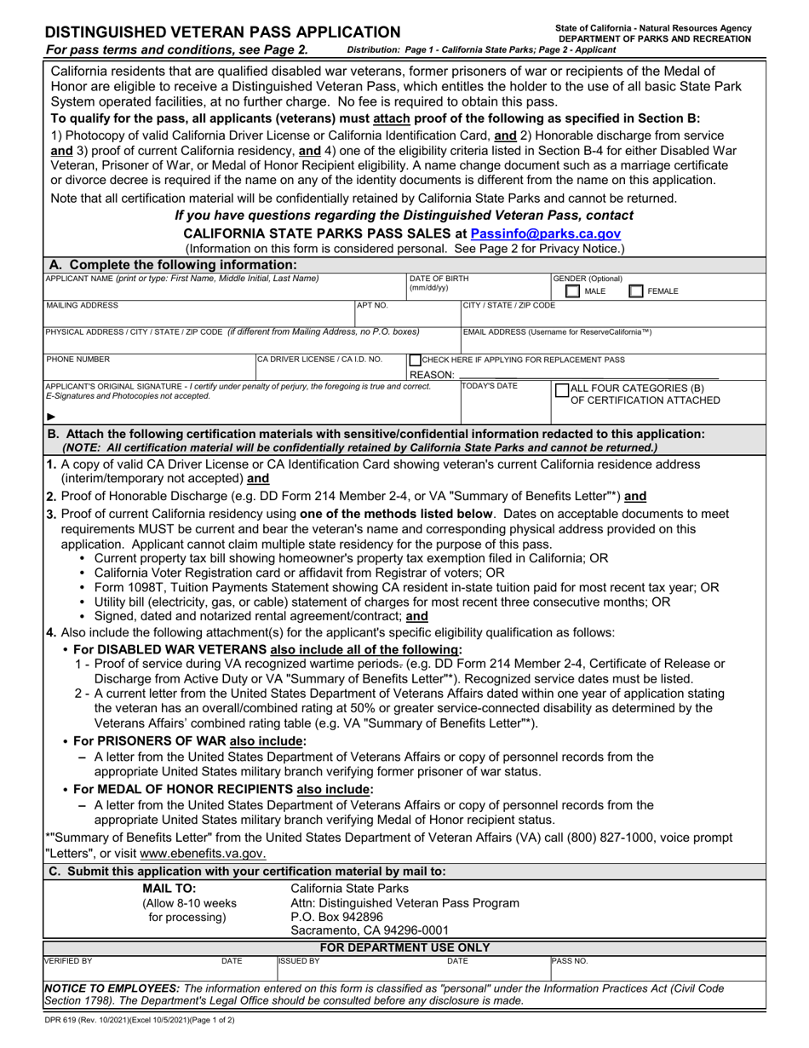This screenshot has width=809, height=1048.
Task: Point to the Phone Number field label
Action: tap(77, 360)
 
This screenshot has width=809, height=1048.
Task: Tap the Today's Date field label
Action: tap(490, 386)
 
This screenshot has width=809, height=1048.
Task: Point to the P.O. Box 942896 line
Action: tap(331, 917)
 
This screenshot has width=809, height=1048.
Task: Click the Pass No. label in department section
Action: tap(570, 961)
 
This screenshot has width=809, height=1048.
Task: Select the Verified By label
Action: tap(68, 961)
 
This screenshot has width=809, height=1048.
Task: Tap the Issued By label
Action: tap(300, 961)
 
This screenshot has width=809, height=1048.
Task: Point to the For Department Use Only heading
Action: tap(404, 947)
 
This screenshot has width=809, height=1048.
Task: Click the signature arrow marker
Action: tap(51, 417)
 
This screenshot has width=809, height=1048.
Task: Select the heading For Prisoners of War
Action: tap(190, 740)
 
